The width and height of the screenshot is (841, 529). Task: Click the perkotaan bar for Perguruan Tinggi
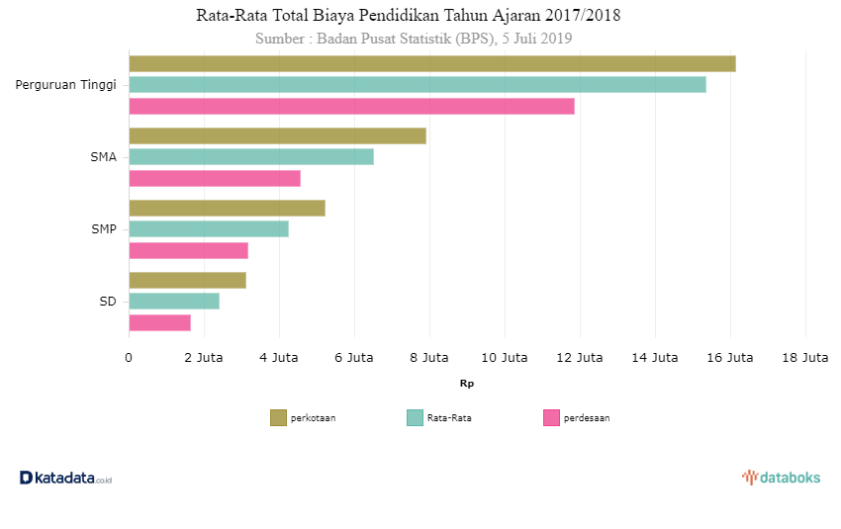[x=431, y=63]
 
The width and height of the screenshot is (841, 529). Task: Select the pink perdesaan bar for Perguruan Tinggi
[x=351, y=106]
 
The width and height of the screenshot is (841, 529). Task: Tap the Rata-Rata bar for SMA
[x=251, y=156]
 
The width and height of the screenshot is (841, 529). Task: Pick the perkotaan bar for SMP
[x=227, y=208]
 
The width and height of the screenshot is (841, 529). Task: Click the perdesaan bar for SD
[x=159, y=322]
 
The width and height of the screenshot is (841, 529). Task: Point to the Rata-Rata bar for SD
[x=174, y=301]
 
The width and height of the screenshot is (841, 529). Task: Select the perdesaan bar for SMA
[x=215, y=178]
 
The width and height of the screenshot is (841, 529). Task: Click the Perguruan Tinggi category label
[x=65, y=85]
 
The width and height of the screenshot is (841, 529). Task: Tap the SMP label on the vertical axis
[x=103, y=229]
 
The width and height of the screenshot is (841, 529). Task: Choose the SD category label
[x=107, y=302]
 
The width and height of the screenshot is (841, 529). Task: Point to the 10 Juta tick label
[x=504, y=358]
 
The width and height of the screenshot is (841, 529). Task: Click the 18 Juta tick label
[x=804, y=358]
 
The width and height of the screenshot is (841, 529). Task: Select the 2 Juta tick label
[x=203, y=358]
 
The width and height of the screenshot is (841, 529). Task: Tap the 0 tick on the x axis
[x=129, y=358]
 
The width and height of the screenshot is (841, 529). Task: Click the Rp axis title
[x=466, y=383]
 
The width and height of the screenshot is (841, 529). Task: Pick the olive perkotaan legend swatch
[x=278, y=418]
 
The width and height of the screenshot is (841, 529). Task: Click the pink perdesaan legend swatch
[x=551, y=418]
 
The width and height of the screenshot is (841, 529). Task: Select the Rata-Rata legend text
[x=449, y=418]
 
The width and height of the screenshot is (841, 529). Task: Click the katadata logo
[x=65, y=478]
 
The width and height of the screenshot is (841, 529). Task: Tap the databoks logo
[x=781, y=478]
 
